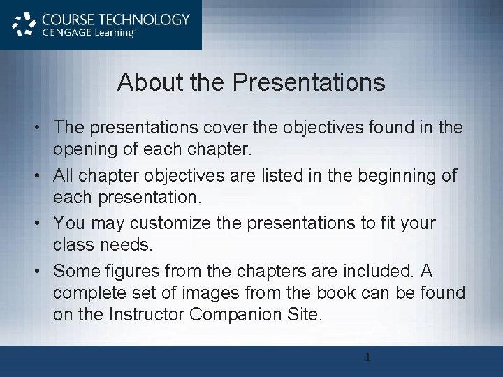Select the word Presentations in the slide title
[x=309, y=82]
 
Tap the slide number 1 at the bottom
[x=368, y=358]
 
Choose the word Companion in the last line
[x=235, y=314]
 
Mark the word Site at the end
[x=304, y=314]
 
